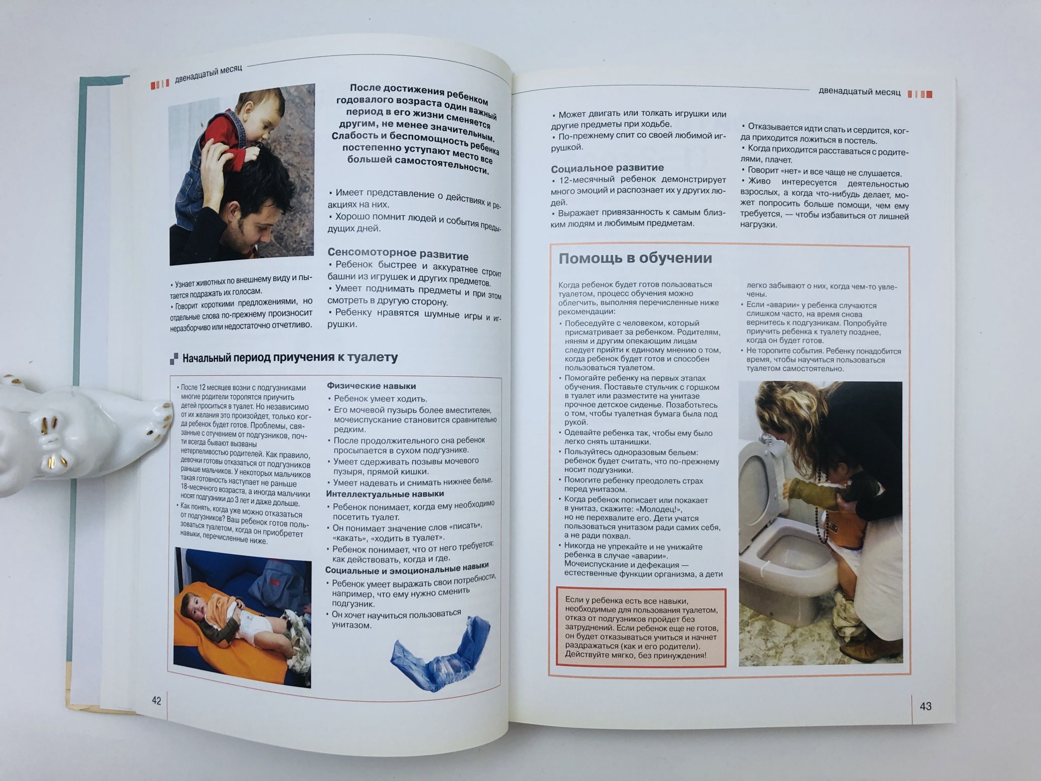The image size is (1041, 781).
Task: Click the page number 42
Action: (157, 701)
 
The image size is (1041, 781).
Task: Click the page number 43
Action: (926, 706)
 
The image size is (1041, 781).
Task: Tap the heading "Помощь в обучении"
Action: (635, 258)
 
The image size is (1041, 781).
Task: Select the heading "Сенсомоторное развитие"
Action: (398, 253)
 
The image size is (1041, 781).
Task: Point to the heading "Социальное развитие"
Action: (607, 168)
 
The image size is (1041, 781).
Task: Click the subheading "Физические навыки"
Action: (372, 386)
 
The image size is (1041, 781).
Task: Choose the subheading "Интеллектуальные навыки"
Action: (385, 494)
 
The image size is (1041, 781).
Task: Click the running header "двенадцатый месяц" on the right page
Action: (860, 92)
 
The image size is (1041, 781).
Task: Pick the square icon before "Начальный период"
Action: (174, 358)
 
